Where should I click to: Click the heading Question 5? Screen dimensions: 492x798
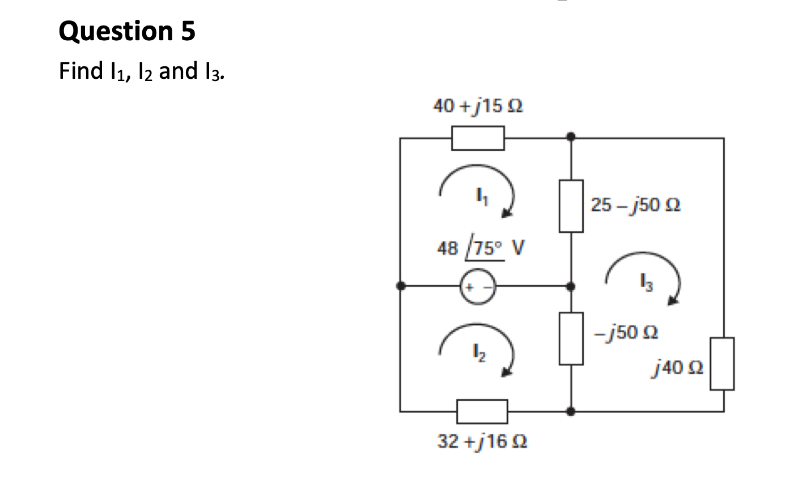(127, 31)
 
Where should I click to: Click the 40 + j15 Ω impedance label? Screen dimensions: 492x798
(477, 106)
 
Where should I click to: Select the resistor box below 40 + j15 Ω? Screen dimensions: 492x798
(478, 138)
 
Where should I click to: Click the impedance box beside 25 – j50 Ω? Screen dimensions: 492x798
(571, 206)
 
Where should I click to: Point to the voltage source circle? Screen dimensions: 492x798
(478, 286)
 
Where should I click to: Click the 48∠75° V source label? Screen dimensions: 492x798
(481, 248)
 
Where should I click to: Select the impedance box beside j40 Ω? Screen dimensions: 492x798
(723, 364)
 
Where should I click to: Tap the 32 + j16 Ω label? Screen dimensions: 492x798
(482, 441)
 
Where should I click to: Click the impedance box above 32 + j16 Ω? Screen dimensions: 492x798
(482, 411)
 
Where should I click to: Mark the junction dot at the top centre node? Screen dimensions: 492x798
(571, 137)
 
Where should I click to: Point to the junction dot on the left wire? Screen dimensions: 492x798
(401, 286)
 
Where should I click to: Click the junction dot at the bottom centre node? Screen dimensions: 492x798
(571, 411)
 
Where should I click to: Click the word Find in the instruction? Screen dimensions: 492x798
(78, 71)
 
